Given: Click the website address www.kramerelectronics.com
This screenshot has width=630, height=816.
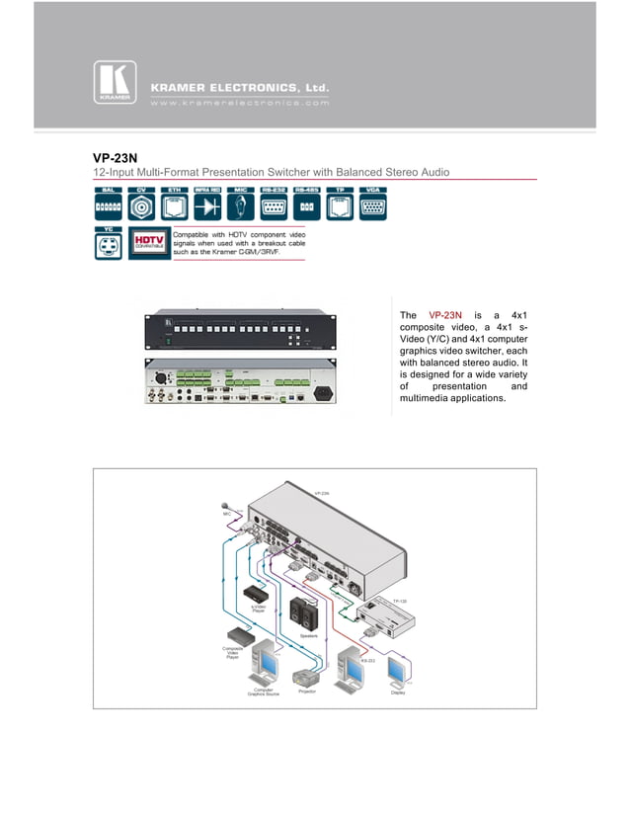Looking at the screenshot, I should click(238, 102).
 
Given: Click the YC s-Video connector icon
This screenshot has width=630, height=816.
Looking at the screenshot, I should click(109, 244).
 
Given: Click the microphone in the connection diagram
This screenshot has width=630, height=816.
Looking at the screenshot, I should click(225, 503).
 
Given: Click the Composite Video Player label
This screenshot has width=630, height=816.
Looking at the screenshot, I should click(233, 652).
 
